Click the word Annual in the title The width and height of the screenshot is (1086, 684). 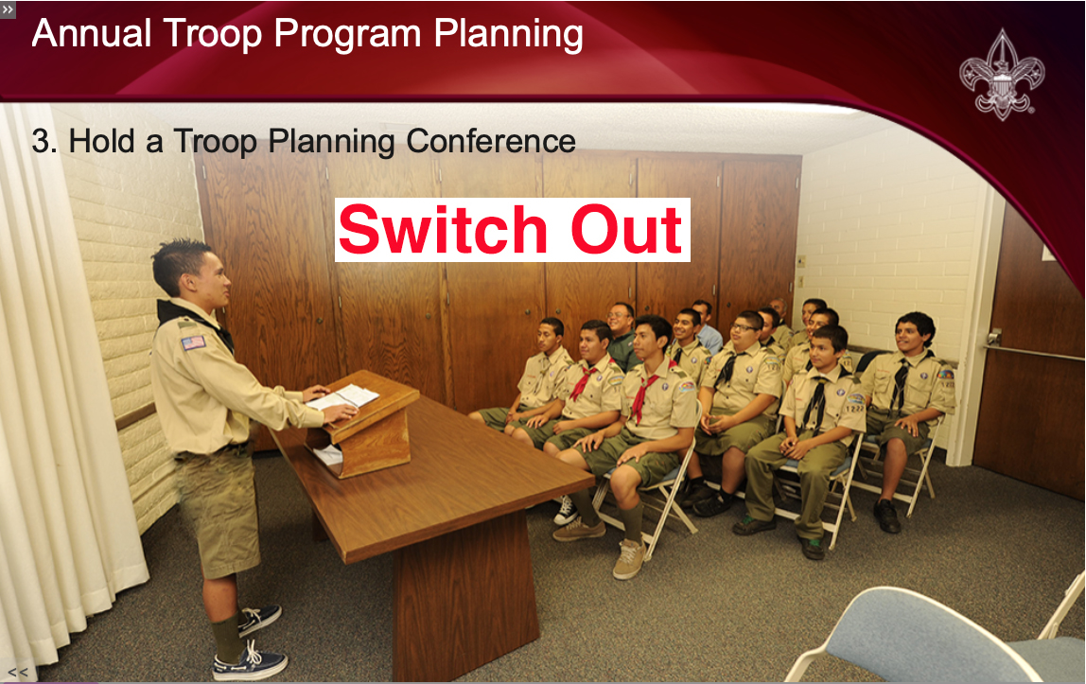click(x=92, y=33)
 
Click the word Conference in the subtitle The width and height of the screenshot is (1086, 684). click(x=490, y=141)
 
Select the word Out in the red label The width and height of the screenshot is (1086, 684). click(x=626, y=230)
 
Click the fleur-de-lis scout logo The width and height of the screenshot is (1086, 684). click(x=1002, y=75)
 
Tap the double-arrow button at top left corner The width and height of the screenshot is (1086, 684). click(x=8, y=9)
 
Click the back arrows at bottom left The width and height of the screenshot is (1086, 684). click(x=18, y=673)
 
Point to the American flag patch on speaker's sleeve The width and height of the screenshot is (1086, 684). click(x=193, y=342)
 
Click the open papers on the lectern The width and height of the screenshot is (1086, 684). click(x=343, y=398)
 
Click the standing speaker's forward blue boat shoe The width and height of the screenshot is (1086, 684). click(x=250, y=662)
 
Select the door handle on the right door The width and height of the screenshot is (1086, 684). click(x=993, y=338)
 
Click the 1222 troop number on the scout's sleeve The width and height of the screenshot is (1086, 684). click(x=855, y=409)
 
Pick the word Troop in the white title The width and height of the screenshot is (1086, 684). click(x=213, y=35)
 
